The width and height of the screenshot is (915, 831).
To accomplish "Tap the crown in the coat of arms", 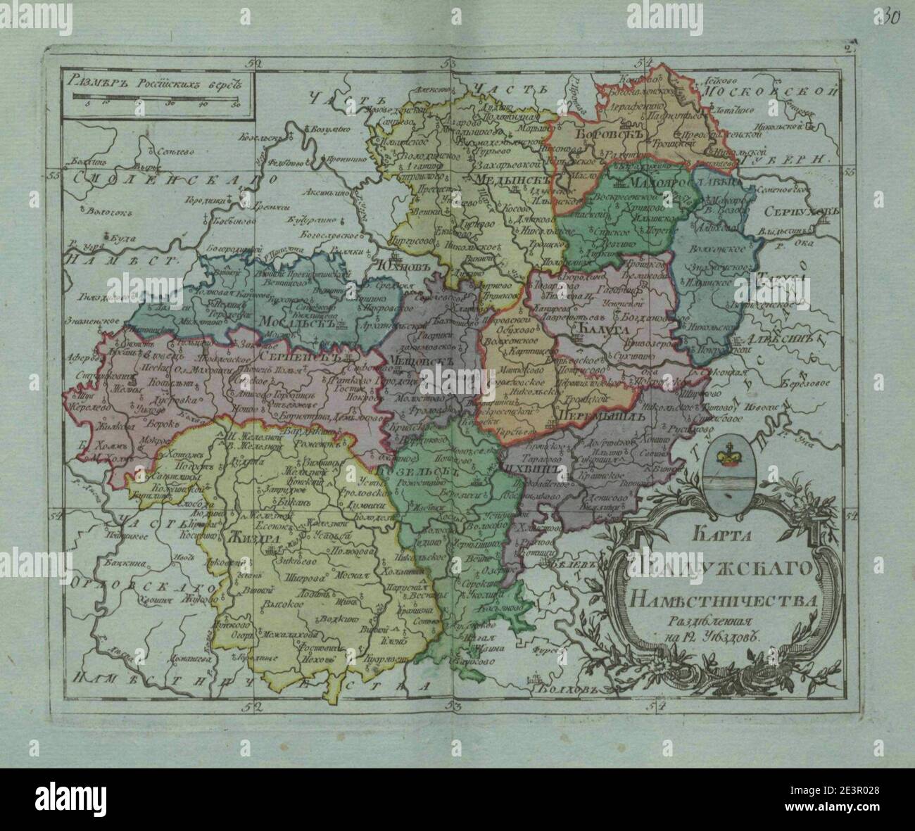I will click(725, 457).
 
